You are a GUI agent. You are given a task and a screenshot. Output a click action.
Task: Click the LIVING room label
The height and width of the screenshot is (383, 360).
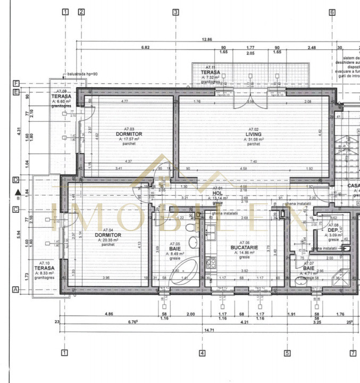pyautogui.click(x=253, y=134)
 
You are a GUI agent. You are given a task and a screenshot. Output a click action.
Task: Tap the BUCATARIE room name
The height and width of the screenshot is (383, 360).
pyautogui.click(x=244, y=247)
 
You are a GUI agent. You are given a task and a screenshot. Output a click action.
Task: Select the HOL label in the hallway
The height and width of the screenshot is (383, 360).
pyautogui.click(x=217, y=193)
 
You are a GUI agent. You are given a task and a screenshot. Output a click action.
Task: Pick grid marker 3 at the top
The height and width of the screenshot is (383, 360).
pyautogui.click(x=175, y=12)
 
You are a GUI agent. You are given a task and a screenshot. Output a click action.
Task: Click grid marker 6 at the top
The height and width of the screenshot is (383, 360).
pyautogui.click(x=332, y=12)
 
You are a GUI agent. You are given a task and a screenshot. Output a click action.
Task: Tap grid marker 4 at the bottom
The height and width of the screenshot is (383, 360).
pyautogui.click(x=202, y=352)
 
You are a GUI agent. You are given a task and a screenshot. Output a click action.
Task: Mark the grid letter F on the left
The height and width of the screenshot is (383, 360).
pyautogui.click(x=16, y=84)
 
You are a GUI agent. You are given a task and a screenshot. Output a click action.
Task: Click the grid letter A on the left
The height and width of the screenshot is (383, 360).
pyautogui.click(x=16, y=289)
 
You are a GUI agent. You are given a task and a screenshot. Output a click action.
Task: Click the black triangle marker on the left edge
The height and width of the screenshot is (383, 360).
pyautogui.click(x=18, y=192)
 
